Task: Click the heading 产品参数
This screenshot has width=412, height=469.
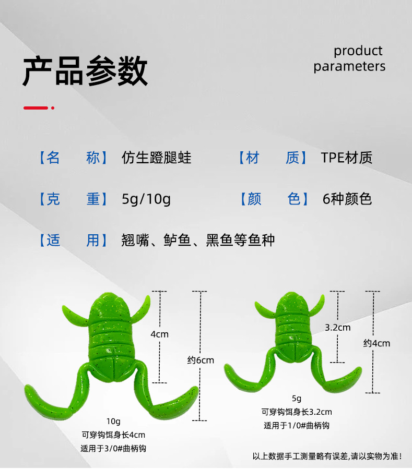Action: click(x=85, y=71)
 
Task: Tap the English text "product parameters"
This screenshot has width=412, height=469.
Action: click(x=349, y=58)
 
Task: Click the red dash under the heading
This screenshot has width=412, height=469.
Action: click(x=36, y=108)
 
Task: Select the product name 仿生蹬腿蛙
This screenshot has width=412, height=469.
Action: click(x=156, y=158)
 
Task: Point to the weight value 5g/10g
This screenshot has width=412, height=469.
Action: click(x=146, y=199)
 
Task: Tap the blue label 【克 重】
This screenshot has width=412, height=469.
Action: click(x=73, y=199)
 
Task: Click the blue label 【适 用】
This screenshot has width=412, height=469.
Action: click(x=73, y=240)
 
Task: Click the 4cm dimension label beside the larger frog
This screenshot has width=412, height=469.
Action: click(x=159, y=334)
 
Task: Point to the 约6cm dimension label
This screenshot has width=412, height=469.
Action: click(x=201, y=360)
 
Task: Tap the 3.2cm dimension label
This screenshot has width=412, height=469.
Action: click(x=337, y=328)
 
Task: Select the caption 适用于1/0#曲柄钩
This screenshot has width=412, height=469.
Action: click(x=297, y=425)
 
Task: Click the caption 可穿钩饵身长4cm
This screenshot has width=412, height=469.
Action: click(x=113, y=435)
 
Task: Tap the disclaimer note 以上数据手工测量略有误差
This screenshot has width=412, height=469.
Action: click(x=327, y=456)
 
